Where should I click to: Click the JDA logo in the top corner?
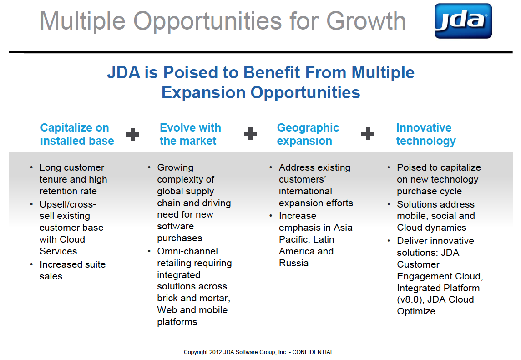[463, 21]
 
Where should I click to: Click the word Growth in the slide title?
[366, 21]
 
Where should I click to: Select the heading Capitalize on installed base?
[77, 134]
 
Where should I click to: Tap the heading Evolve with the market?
[190, 134]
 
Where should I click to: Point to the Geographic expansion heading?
[308, 134]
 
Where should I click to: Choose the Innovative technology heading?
[425, 134]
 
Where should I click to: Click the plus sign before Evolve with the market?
[132, 134]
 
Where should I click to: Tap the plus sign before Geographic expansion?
[250, 134]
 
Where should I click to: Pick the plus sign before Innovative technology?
[368, 134]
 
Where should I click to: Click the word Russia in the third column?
[293, 263]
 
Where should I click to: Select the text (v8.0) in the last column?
[411, 299]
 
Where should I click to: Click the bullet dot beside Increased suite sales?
[31, 264]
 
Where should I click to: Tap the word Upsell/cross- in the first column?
[68, 204]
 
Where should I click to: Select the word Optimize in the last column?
[416, 311]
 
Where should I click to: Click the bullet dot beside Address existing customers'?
[271, 167]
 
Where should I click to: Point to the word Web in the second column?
[167, 310]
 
